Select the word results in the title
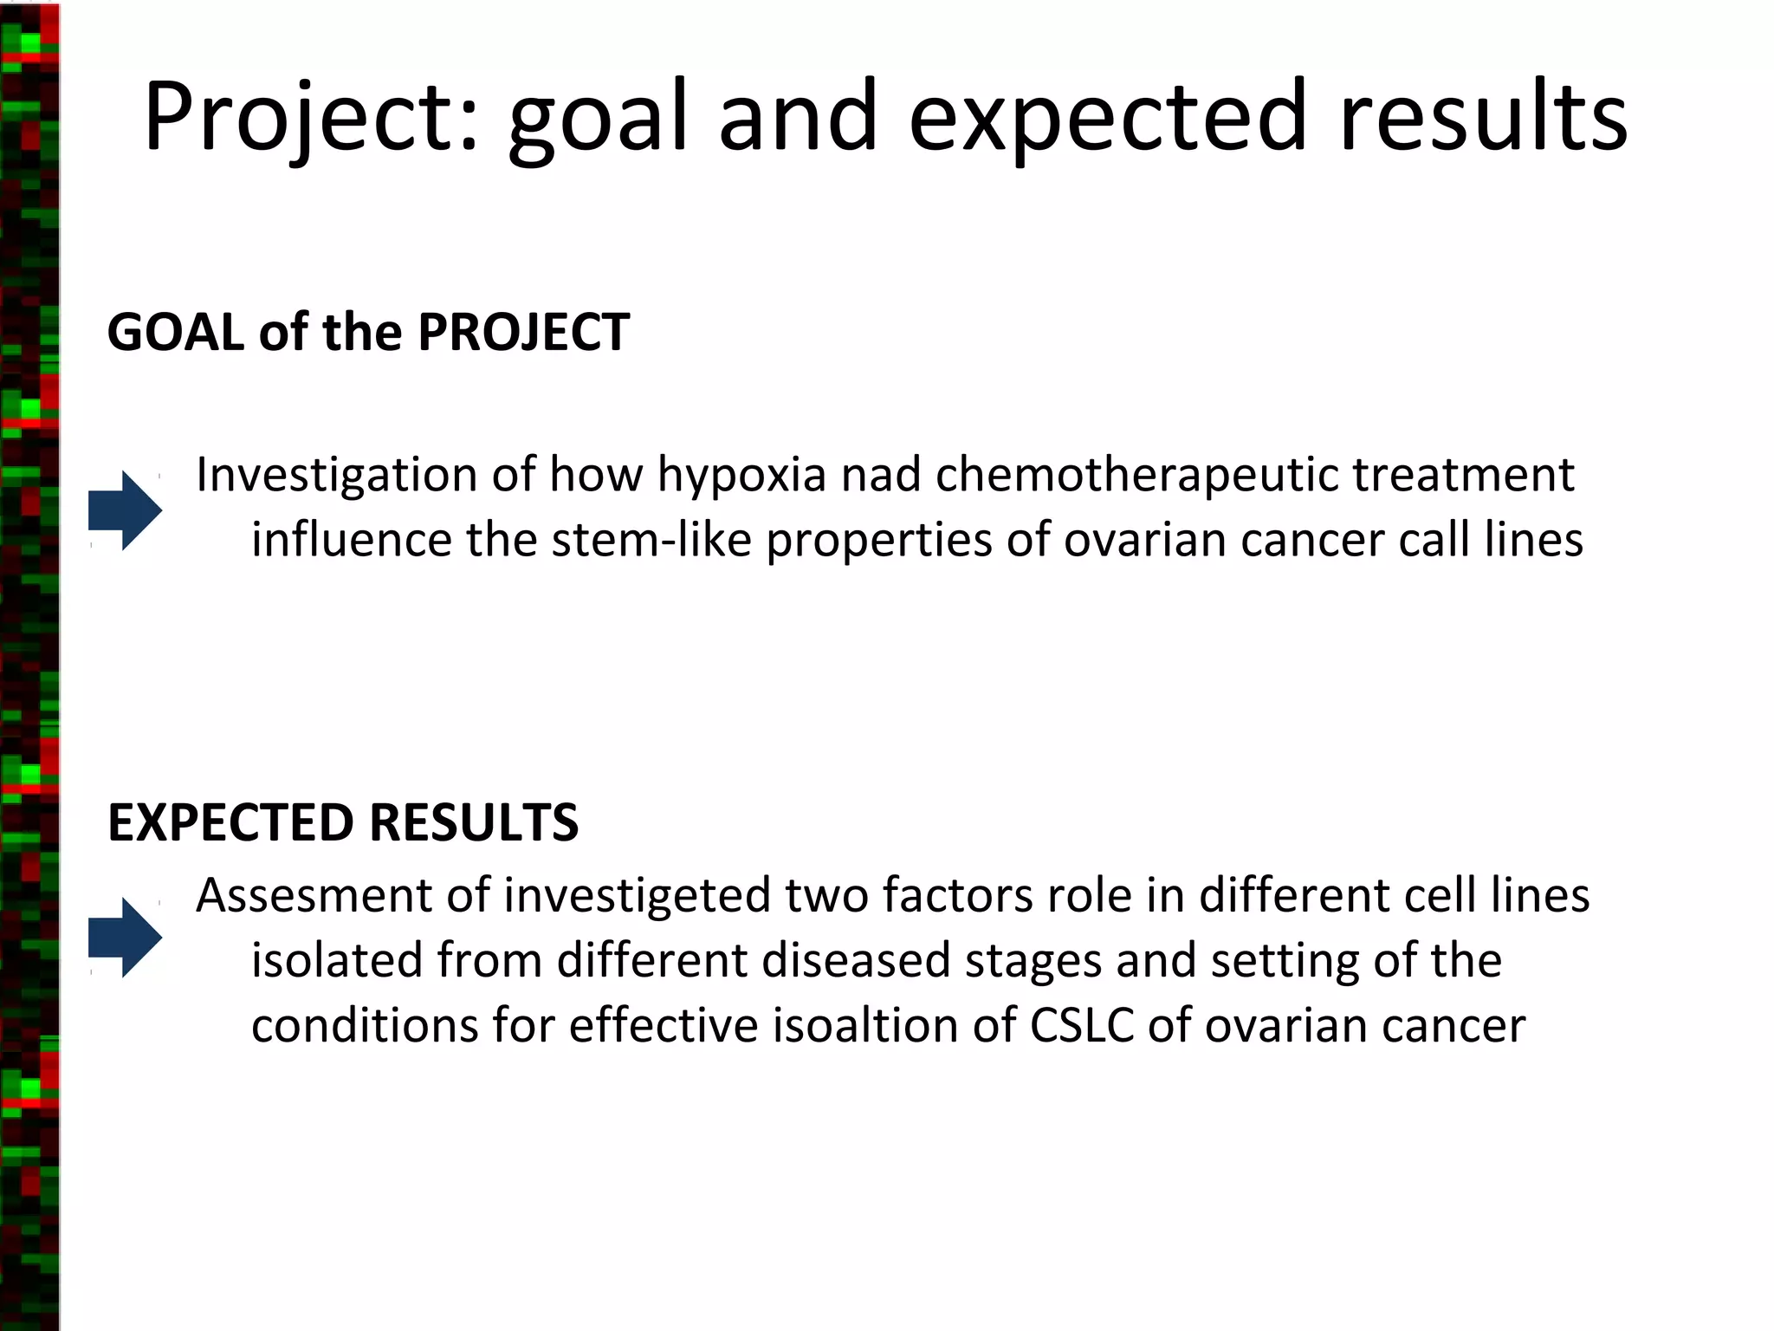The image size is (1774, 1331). coord(1483,117)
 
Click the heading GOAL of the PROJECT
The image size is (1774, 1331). coord(368,332)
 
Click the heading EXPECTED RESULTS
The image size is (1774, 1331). coord(343,822)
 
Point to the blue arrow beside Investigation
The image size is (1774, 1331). coord(126,510)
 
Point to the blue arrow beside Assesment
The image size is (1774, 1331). coord(126,938)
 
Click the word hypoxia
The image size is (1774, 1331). coord(741,476)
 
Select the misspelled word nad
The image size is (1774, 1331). coord(881,476)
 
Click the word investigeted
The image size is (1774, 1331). coord(637,896)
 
